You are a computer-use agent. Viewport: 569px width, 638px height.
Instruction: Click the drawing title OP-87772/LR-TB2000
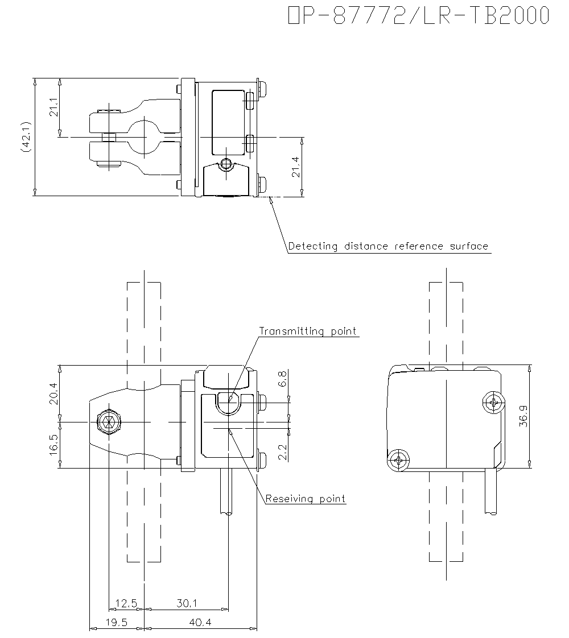[x=419, y=16]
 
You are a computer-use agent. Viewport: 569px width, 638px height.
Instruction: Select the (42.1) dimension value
[x=24, y=136]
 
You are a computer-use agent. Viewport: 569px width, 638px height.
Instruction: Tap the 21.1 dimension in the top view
[x=53, y=107]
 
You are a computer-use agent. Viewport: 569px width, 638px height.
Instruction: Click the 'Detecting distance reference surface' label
[x=388, y=246]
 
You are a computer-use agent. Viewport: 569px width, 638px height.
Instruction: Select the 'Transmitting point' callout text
[x=308, y=331]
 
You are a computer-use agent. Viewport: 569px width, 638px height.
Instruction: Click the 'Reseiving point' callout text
[x=306, y=499]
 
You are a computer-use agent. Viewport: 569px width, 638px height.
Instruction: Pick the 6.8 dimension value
[x=283, y=379]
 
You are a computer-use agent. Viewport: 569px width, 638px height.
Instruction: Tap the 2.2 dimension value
[x=283, y=453]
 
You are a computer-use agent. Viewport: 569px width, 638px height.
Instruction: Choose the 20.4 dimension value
[x=53, y=392]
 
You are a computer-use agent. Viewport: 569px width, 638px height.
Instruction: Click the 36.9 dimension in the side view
[x=523, y=416]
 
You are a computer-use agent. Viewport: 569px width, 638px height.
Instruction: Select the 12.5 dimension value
[x=126, y=603]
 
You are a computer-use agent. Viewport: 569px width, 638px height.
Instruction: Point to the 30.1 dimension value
[x=186, y=603]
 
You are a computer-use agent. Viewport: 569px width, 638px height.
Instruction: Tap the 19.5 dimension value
[x=116, y=622]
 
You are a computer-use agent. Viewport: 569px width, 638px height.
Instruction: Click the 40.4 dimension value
[x=200, y=622]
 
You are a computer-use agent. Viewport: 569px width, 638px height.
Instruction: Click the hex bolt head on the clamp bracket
[x=108, y=422]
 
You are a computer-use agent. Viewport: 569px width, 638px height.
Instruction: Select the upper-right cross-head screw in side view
[x=493, y=403]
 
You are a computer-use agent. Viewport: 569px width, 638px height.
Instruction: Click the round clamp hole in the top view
[x=146, y=136]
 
